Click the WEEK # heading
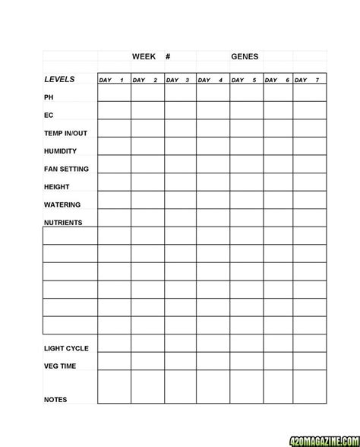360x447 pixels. [150, 56]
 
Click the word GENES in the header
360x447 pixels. [245, 56]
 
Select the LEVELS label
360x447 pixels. [59, 79]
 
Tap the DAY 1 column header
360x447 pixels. [114, 80]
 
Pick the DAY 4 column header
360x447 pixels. [213, 80]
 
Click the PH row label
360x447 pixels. [49, 98]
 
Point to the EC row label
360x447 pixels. [49, 116]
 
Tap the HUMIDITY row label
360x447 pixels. [60, 151]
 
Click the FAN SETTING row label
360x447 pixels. [66, 169]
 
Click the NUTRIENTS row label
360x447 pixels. [63, 223]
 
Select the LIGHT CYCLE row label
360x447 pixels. [66, 348]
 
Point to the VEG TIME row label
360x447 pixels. [59, 366]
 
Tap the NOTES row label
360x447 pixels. [55, 399]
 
